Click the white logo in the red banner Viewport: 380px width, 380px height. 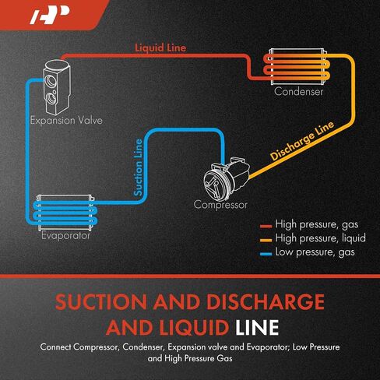(x=50, y=15)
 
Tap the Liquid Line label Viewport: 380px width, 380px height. (x=160, y=47)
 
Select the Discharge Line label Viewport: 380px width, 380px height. (x=302, y=141)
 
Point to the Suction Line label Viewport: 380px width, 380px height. (x=138, y=167)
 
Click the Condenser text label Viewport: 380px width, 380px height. (x=298, y=91)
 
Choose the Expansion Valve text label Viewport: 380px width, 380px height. (x=66, y=120)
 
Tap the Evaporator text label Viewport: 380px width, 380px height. (x=65, y=235)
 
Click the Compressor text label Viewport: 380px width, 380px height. (x=220, y=205)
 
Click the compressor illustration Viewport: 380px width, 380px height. (x=227, y=178)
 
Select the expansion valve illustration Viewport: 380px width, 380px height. (x=57, y=87)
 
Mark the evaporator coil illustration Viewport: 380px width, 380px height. (x=65, y=213)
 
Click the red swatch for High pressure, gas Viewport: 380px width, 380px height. (x=266, y=227)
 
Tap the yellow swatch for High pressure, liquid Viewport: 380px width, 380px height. (x=266, y=240)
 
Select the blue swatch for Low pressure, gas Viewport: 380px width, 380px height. (x=266, y=254)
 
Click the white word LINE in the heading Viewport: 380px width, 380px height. (x=257, y=327)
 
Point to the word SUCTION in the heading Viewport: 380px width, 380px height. (x=101, y=301)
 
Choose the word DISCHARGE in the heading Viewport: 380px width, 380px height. (x=266, y=301)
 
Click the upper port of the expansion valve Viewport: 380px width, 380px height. (x=50, y=80)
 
